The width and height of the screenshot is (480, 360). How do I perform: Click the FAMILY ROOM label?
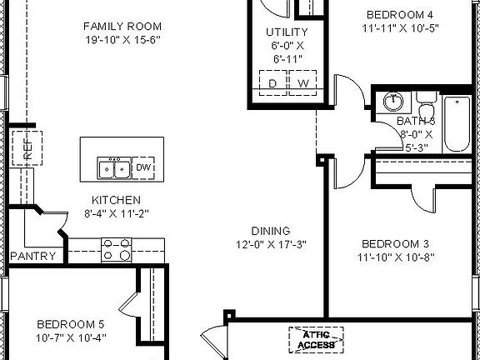(122, 27)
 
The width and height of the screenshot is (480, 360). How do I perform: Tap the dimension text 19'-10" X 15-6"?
(122, 40)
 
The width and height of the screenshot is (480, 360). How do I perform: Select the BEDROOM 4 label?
(401, 14)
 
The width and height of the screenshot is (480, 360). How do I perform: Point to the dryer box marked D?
(272, 83)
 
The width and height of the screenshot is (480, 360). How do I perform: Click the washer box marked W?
(302, 83)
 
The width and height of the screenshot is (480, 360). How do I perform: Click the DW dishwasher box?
(144, 167)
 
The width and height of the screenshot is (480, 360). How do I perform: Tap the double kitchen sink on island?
(113, 168)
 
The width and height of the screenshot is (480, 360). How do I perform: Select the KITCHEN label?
(116, 200)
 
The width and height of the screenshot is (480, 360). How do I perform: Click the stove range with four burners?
(116, 247)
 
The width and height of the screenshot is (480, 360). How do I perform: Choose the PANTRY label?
(33, 257)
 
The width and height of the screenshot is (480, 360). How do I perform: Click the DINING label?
(271, 231)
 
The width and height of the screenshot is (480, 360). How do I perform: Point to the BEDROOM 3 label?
(395, 243)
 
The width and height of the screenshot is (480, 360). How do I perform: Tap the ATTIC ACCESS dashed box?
(317, 339)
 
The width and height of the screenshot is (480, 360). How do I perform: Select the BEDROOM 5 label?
(71, 323)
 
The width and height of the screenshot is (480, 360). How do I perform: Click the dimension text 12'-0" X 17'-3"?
(271, 244)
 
